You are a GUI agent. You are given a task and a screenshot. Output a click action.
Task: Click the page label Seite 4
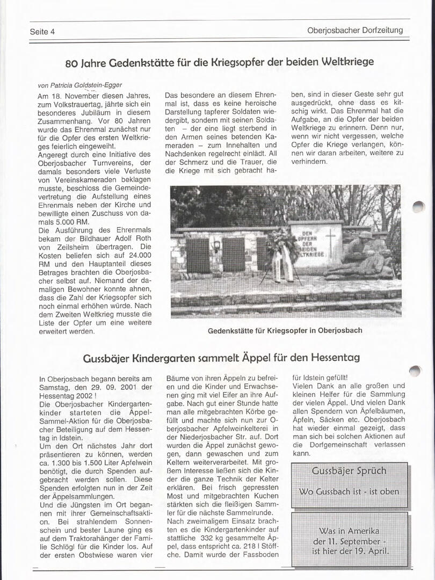coord(42,31)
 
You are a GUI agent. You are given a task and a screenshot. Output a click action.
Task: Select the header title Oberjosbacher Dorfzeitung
coord(355,30)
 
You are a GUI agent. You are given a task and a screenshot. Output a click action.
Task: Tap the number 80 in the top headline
coord(72,63)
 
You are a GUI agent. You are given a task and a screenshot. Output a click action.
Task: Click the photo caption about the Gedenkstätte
coord(285,330)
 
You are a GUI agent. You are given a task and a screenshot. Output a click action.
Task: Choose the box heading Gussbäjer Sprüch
coord(349,471)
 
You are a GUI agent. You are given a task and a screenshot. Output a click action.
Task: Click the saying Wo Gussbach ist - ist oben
coord(349,491)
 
